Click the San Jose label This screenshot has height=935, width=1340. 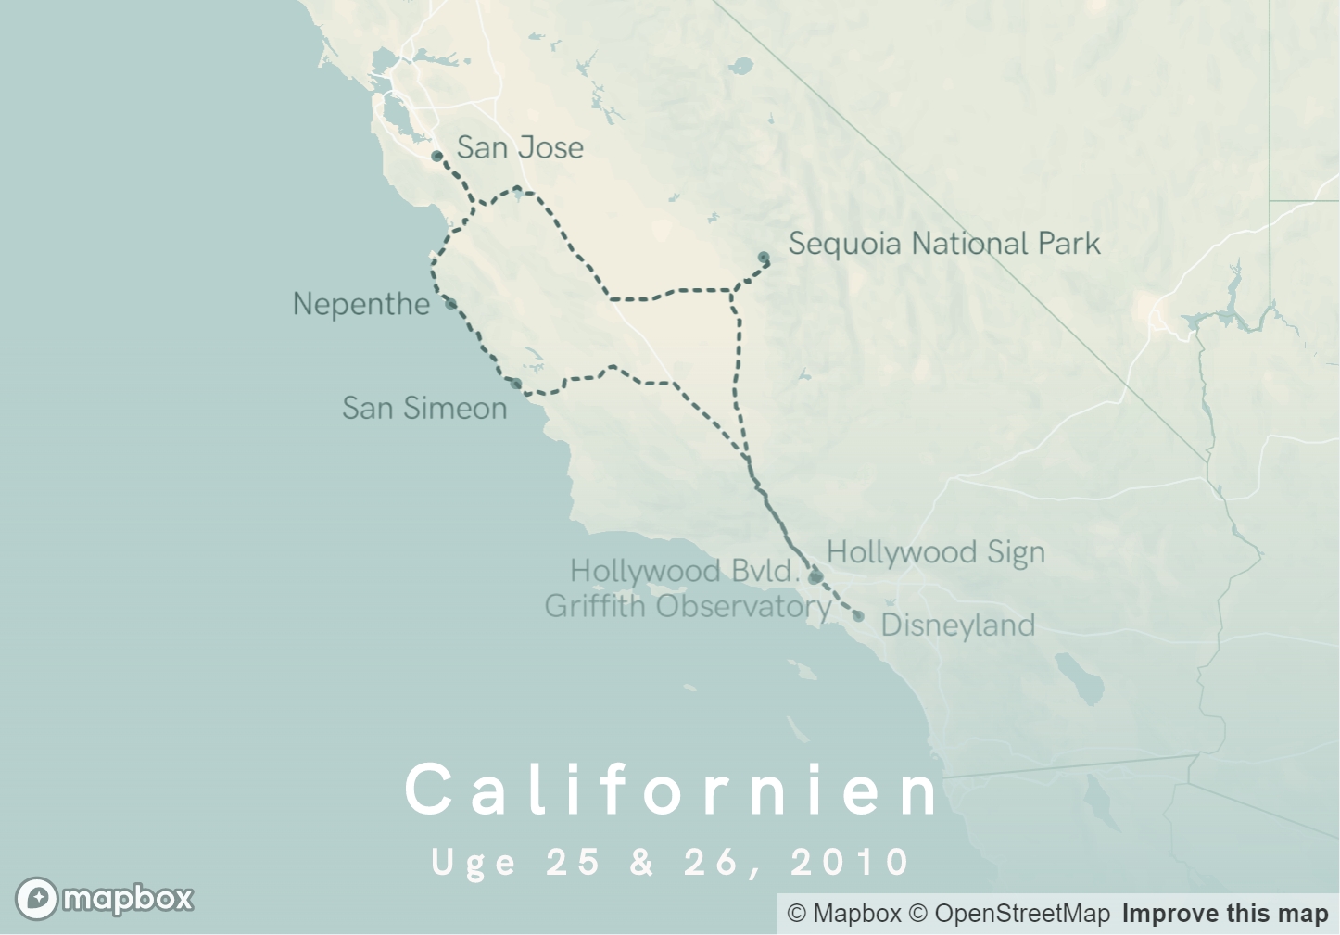[520, 147]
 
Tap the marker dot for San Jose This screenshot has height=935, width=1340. [437, 156]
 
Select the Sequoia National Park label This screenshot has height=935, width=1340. [943, 244]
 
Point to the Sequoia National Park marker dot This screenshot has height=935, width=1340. [764, 258]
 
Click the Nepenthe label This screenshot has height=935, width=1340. [360, 304]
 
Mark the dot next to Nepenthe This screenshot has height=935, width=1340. [450, 303]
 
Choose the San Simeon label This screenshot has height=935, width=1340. [424, 408]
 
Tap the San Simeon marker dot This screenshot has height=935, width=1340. [516, 384]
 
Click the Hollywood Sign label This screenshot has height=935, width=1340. [935, 552]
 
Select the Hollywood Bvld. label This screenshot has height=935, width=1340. [684, 571]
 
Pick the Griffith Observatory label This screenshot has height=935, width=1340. [687, 606]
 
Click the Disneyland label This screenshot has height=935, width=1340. [957, 625]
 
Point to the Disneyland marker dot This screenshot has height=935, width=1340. [858, 616]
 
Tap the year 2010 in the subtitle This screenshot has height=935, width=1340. [851, 862]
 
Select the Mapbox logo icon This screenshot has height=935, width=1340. [37, 898]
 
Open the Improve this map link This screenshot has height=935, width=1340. [1225, 914]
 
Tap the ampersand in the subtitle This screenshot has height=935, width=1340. [642, 862]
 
